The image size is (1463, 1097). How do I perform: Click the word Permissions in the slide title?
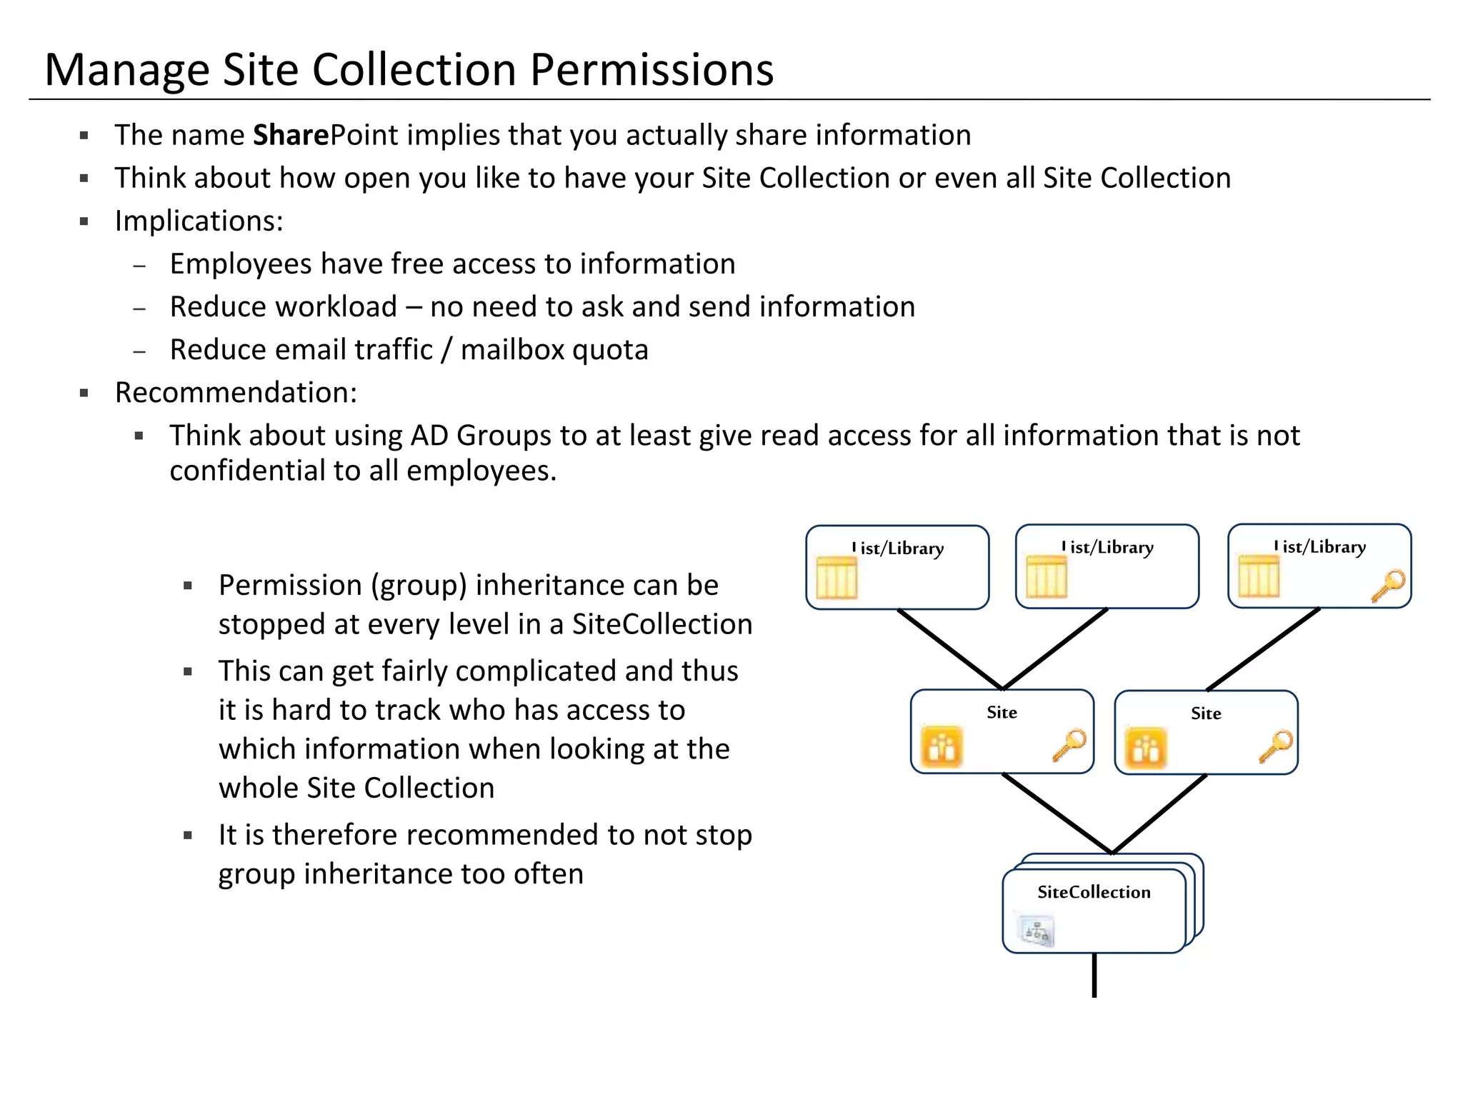point(651,70)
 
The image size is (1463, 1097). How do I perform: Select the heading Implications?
point(199,221)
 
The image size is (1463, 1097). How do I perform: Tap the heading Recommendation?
point(236,393)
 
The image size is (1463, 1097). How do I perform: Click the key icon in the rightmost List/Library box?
point(1388,586)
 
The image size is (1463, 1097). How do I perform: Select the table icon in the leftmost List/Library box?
point(836,577)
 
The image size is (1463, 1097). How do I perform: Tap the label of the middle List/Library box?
point(1107,548)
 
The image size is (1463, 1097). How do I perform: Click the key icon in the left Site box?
point(1069,745)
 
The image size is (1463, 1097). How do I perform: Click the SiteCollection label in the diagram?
point(1094,892)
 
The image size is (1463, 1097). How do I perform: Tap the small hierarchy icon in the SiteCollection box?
point(1036,931)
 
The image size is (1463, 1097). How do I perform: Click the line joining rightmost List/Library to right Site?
point(1263,649)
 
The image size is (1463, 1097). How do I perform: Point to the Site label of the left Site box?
point(1002,713)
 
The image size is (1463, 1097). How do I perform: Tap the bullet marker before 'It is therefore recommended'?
point(188,835)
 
